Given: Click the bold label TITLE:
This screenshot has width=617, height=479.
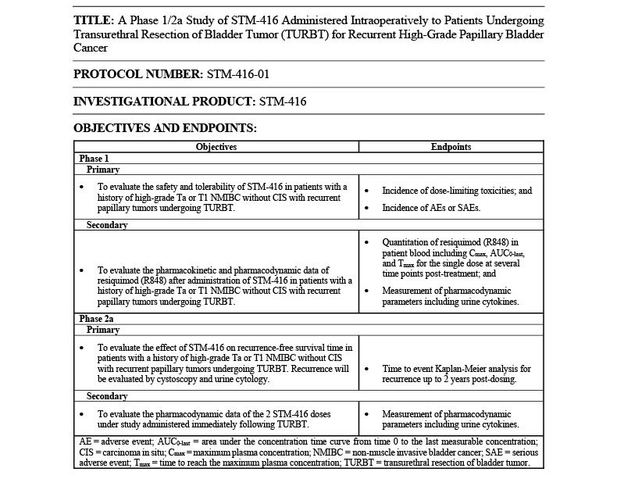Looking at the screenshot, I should (95, 20).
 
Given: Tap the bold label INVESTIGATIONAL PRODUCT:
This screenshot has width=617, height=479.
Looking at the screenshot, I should (162, 101).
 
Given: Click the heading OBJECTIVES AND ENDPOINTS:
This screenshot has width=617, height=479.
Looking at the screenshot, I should (165, 127).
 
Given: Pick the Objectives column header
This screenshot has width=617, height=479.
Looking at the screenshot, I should (216, 146).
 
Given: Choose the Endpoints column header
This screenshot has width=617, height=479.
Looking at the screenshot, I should (451, 146).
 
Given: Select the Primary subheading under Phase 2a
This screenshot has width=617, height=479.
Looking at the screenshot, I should (102, 330).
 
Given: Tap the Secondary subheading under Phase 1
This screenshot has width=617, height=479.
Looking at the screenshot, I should (107, 225).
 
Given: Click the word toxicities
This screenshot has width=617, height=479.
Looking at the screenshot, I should (489, 190).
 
